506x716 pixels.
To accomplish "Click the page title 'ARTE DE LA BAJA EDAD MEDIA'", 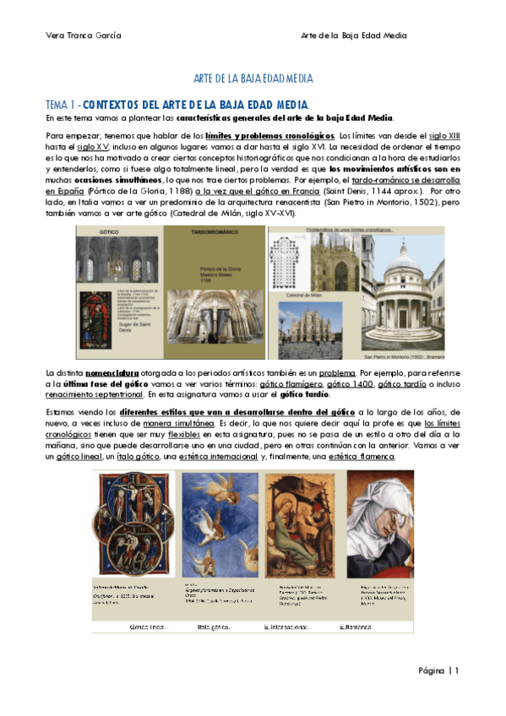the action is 253,79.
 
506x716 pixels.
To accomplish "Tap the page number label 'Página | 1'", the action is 438,670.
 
